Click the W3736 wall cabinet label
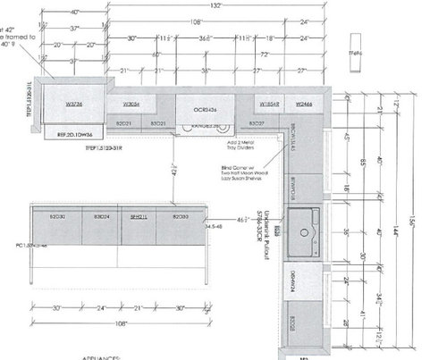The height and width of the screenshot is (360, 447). pos(73,104)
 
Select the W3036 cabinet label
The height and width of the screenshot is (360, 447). pos(131,104)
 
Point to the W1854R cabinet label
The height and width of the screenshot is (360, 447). pos(271,104)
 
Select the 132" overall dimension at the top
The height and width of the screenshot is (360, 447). pos(215,5)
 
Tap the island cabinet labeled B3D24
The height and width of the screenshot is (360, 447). pos(100,216)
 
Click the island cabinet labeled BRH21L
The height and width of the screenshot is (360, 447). pos(138,216)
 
